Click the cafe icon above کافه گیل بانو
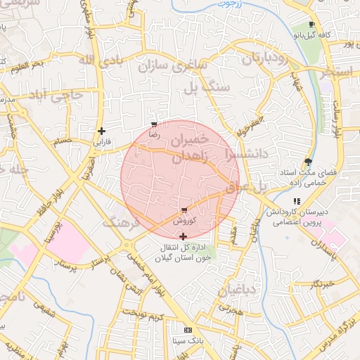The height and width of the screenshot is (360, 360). (311, 23)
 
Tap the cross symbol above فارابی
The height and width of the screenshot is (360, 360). (102, 131)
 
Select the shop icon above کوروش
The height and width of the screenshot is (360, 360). (184, 210)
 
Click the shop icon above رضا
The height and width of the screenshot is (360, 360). (154, 124)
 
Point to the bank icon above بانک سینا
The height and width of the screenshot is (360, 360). (188, 330)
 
